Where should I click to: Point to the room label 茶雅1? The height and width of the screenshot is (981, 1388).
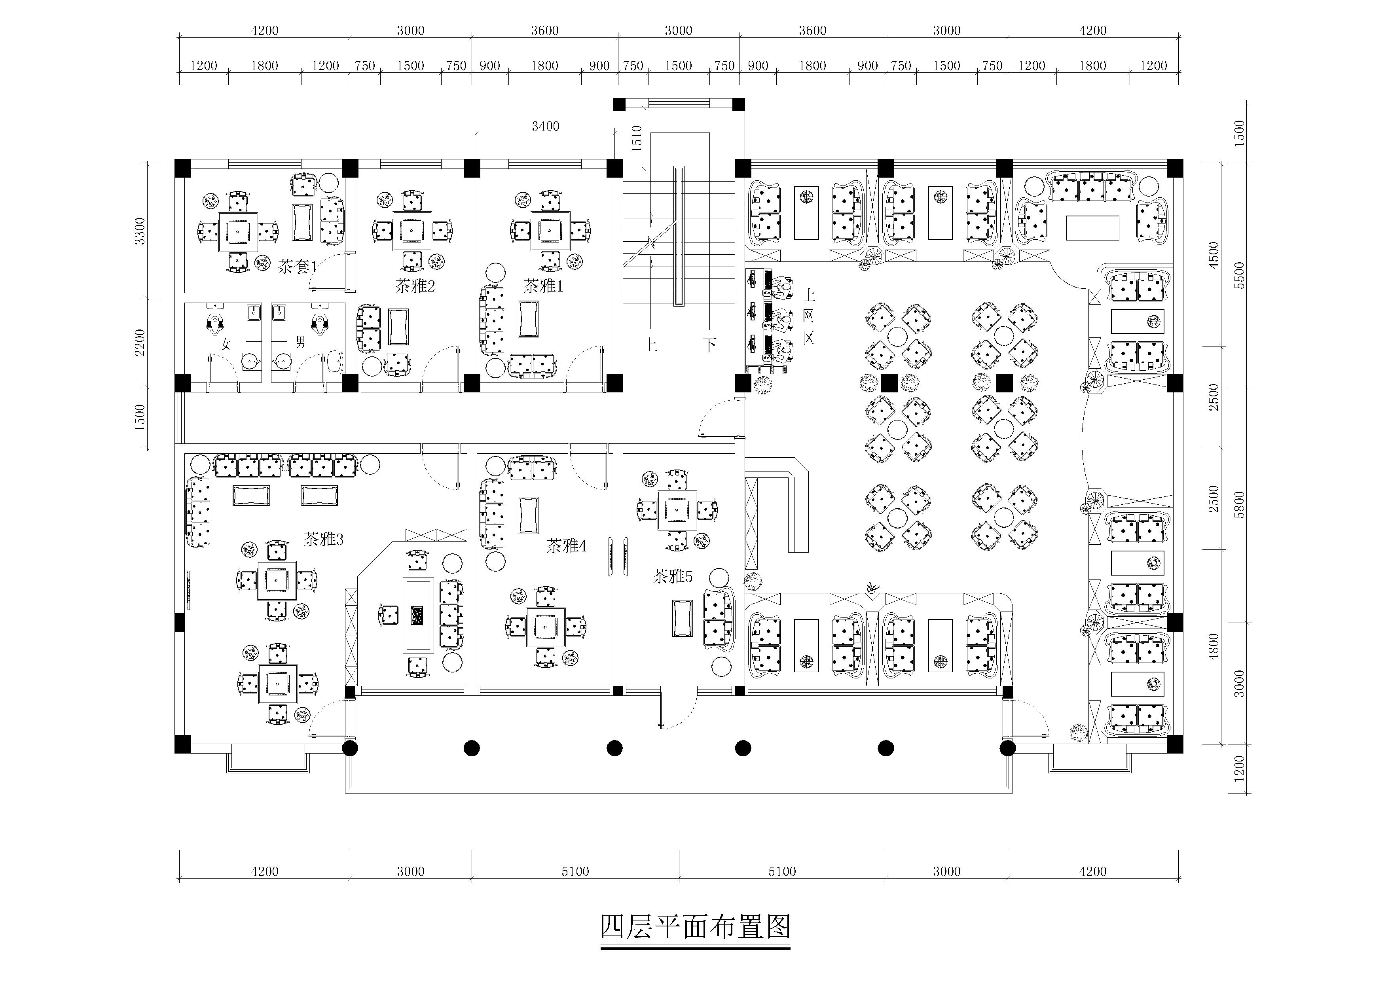[x=543, y=286]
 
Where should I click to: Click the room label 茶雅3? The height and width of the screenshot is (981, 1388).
[x=323, y=539]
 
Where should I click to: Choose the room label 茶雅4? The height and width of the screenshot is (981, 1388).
[x=567, y=546]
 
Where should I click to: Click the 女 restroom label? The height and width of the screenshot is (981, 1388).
[x=226, y=345]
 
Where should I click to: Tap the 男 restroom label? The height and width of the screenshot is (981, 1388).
[x=300, y=343]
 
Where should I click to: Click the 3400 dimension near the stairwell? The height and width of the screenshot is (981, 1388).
[x=545, y=126]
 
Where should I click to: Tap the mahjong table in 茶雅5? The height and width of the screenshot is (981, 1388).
[x=677, y=511]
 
